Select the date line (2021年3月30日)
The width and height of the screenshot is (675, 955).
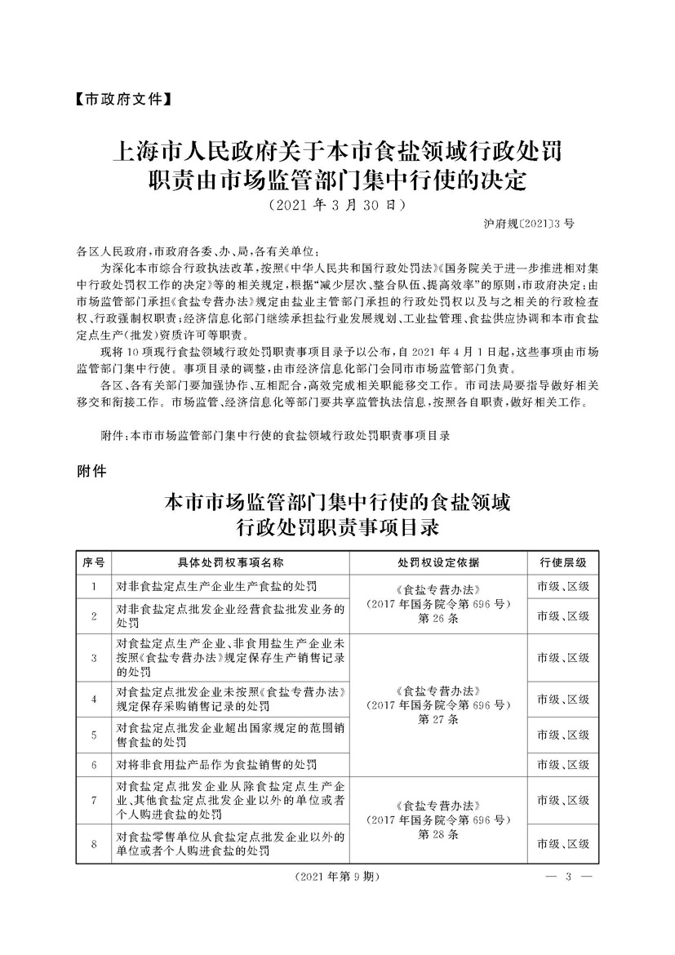point(337,204)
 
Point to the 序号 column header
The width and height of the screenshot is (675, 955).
point(93,563)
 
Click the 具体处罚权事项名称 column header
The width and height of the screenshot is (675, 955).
point(231,563)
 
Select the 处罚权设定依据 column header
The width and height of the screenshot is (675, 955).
point(439,563)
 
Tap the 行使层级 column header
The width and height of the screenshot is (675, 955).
point(563,563)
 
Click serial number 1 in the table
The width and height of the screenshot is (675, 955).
point(94,587)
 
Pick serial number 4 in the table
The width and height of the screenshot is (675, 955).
point(94,700)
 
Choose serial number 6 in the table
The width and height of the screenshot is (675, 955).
point(94,765)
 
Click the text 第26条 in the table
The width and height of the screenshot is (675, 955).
point(439,620)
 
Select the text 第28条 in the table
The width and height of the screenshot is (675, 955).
point(439,836)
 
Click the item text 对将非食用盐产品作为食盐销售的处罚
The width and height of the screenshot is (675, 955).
point(216,765)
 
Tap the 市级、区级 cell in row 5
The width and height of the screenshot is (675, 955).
point(563,735)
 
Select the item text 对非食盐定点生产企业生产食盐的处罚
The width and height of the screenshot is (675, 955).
point(216,587)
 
